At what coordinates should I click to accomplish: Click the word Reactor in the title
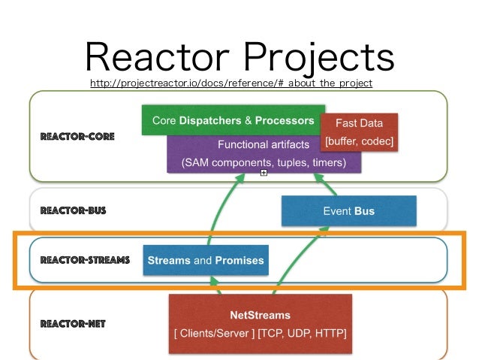coord(158,56)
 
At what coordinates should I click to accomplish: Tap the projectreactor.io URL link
coord(231,83)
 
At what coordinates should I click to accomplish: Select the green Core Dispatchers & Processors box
coord(233,120)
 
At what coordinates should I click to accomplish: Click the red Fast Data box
coord(359,132)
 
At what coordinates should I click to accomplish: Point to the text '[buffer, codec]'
coord(359,141)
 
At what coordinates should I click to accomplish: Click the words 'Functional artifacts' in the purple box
coord(264,144)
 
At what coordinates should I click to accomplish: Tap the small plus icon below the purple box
coord(264,173)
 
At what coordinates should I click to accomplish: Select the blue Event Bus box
coord(349,211)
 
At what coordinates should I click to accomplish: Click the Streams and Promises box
coord(206,260)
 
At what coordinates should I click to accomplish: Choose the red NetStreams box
coord(261,324)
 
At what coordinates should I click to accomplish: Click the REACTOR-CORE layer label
coord(77,137)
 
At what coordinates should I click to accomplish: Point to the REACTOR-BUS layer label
coord(73,210)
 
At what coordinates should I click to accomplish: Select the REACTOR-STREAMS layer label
coord(85,260)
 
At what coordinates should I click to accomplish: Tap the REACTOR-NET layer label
coord(73,324)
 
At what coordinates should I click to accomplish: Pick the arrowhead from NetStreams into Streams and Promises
coord(215,281)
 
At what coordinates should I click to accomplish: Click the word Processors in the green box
coord(285,120)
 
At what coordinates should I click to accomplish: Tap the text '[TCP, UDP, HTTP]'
coord(302,333)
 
